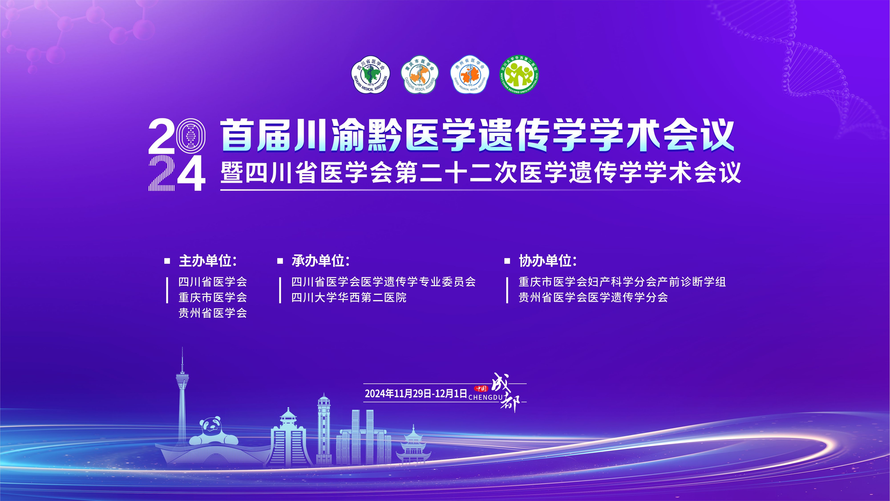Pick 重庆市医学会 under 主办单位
[213, 297]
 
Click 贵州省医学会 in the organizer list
[213, 313]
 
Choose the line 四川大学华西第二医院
[349, 297]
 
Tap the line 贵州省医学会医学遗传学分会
[593, 297]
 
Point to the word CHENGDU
[485, 398]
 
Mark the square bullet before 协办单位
[507, 261]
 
